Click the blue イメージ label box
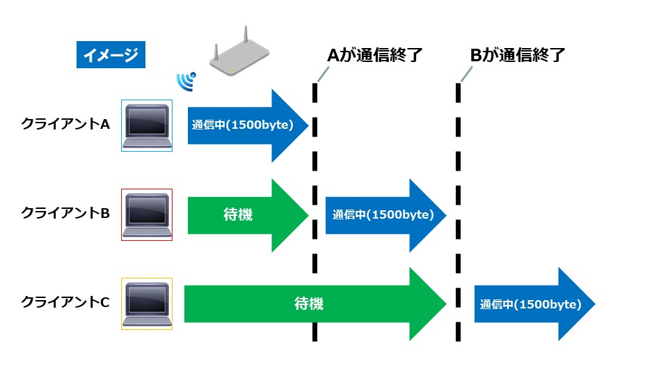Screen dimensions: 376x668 (x=111, y=56)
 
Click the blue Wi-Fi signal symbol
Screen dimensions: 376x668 (x=186, y=82)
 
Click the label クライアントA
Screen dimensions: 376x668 (x=66, y=125)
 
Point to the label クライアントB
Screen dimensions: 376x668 (x=66, y=214)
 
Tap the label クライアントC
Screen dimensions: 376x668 (x=66, y=302)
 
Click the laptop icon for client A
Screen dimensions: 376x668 (x=147, y=125)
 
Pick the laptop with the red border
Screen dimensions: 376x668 (x=147, y=214)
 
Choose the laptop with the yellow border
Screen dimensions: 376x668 (x=147, y=304)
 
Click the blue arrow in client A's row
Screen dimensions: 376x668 (x=247, y=126)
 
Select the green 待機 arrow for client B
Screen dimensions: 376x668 (x=247, y=215)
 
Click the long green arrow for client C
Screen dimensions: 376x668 (x=313, y=304)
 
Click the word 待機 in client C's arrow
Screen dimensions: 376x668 (x=309, y=304)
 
